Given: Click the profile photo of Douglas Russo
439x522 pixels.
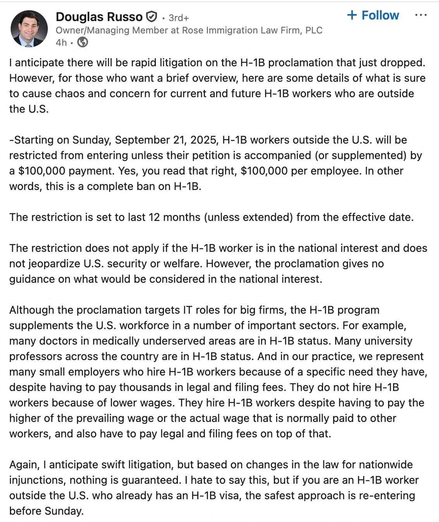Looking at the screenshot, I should click(29, 29).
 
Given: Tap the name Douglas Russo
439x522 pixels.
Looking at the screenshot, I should click(99, 17).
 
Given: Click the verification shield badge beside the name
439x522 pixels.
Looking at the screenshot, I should click(151, 17).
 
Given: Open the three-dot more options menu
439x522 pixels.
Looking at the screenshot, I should click(421, 15).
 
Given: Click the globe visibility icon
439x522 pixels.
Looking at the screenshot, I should click(83, 43).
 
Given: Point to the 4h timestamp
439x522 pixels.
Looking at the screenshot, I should click(61, 43).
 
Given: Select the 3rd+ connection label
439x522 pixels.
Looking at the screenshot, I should click(179, 18).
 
